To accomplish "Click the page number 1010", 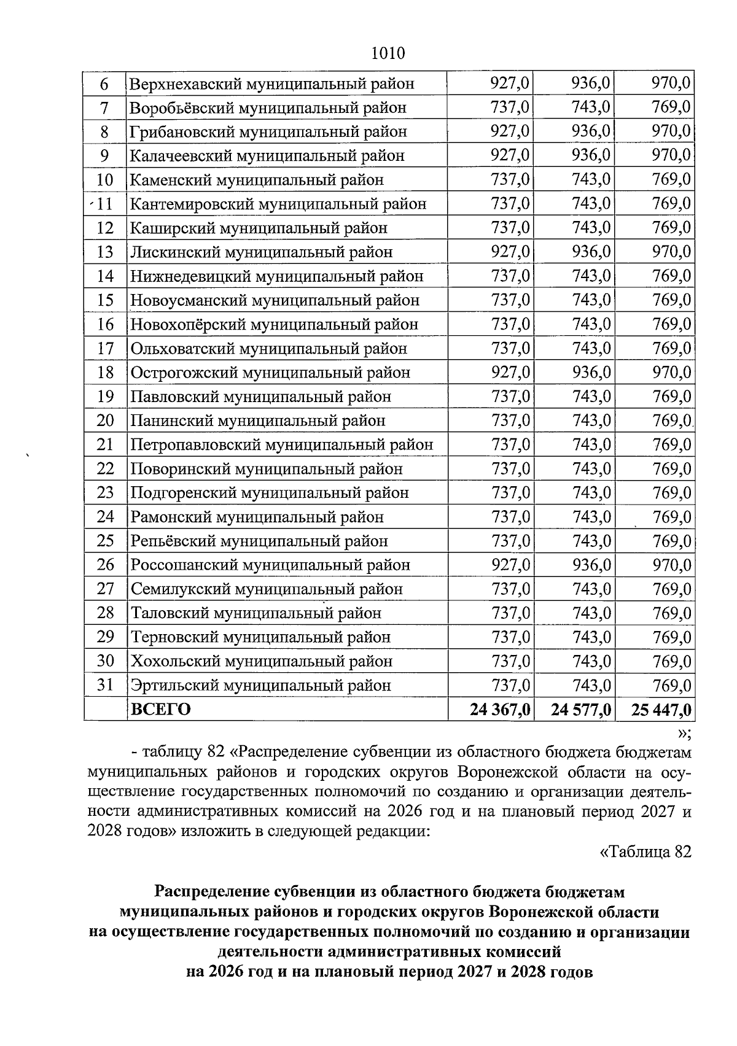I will click(388, 53).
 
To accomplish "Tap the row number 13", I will click(105, 252).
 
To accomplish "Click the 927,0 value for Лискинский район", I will click(510, 252).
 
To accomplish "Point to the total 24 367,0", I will click(499, 710).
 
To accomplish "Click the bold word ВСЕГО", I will click(161, 710).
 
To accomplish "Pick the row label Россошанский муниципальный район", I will click(270, 565).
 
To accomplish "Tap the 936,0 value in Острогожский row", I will click(591, 372).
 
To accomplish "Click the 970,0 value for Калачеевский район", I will click(671, 155).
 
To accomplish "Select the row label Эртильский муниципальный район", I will click(260, 685).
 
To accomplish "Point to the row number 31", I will click(105, 685).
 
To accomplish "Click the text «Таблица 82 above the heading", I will click(645, 852).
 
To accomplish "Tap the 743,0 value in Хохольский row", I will click(591, 661).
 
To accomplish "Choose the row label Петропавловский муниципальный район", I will click(281, 444).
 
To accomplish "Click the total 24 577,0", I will click(580, 710).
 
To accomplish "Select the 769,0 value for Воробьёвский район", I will click(671, 107).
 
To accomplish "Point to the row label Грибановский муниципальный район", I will click(268, 131).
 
